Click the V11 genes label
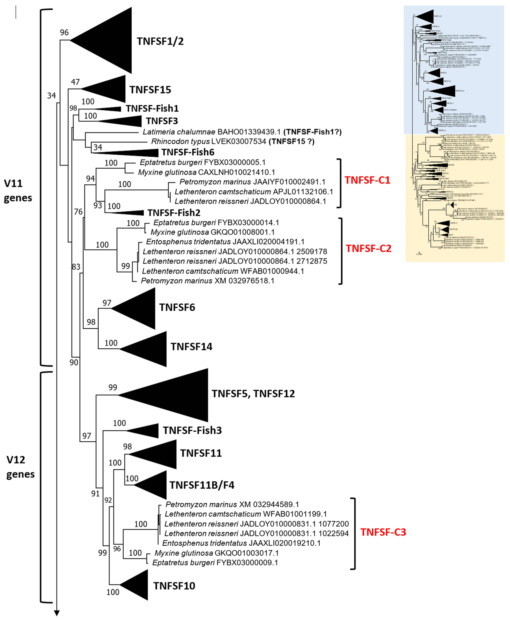(x=18, y=190)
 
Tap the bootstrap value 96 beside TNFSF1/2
(x=64, y=32)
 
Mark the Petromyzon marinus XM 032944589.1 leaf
(x=232, y=505)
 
